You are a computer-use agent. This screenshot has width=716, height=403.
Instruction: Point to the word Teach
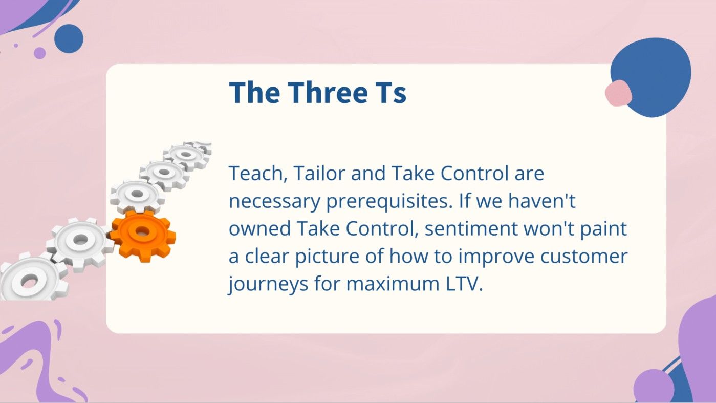click(254, 174)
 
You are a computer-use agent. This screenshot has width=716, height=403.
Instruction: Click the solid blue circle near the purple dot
click(69, 38)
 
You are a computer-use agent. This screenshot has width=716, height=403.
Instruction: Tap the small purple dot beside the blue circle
click(39, 53)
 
